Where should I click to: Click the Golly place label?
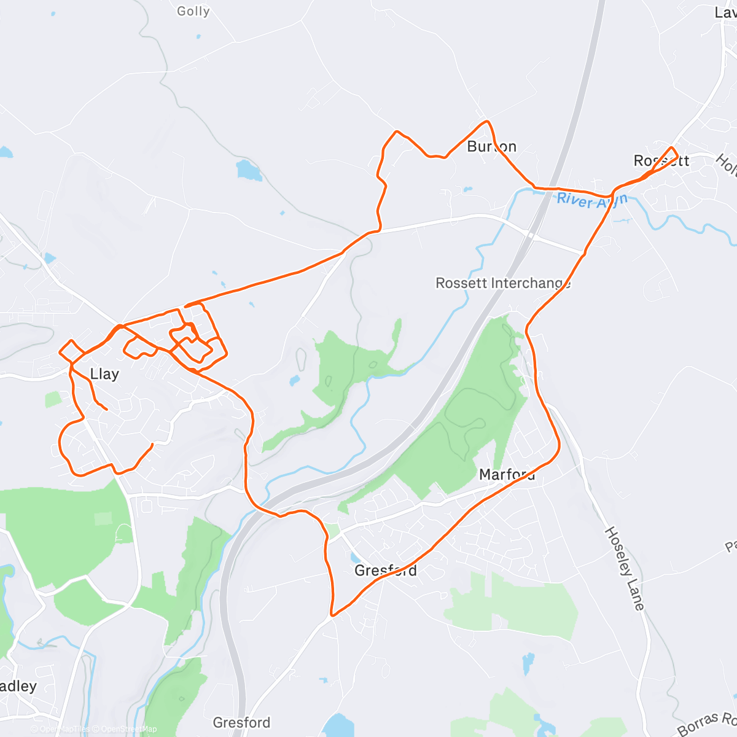pos(193,11)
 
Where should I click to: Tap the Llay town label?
pos(104,374)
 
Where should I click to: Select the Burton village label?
pos(491,146)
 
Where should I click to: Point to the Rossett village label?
pos(661,161)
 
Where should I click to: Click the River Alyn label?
pos(592,200)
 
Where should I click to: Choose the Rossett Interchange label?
pos(503,283)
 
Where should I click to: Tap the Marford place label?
pos(507,475)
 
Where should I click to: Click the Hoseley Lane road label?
pos(625,568)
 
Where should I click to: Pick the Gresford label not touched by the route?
pos(241,722)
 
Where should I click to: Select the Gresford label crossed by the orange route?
pos(386,571)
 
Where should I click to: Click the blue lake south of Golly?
pos(249,170)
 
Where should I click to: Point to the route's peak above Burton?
pos(486,122)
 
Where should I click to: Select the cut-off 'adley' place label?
pos(18,686)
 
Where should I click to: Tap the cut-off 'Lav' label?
pos(725,12)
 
